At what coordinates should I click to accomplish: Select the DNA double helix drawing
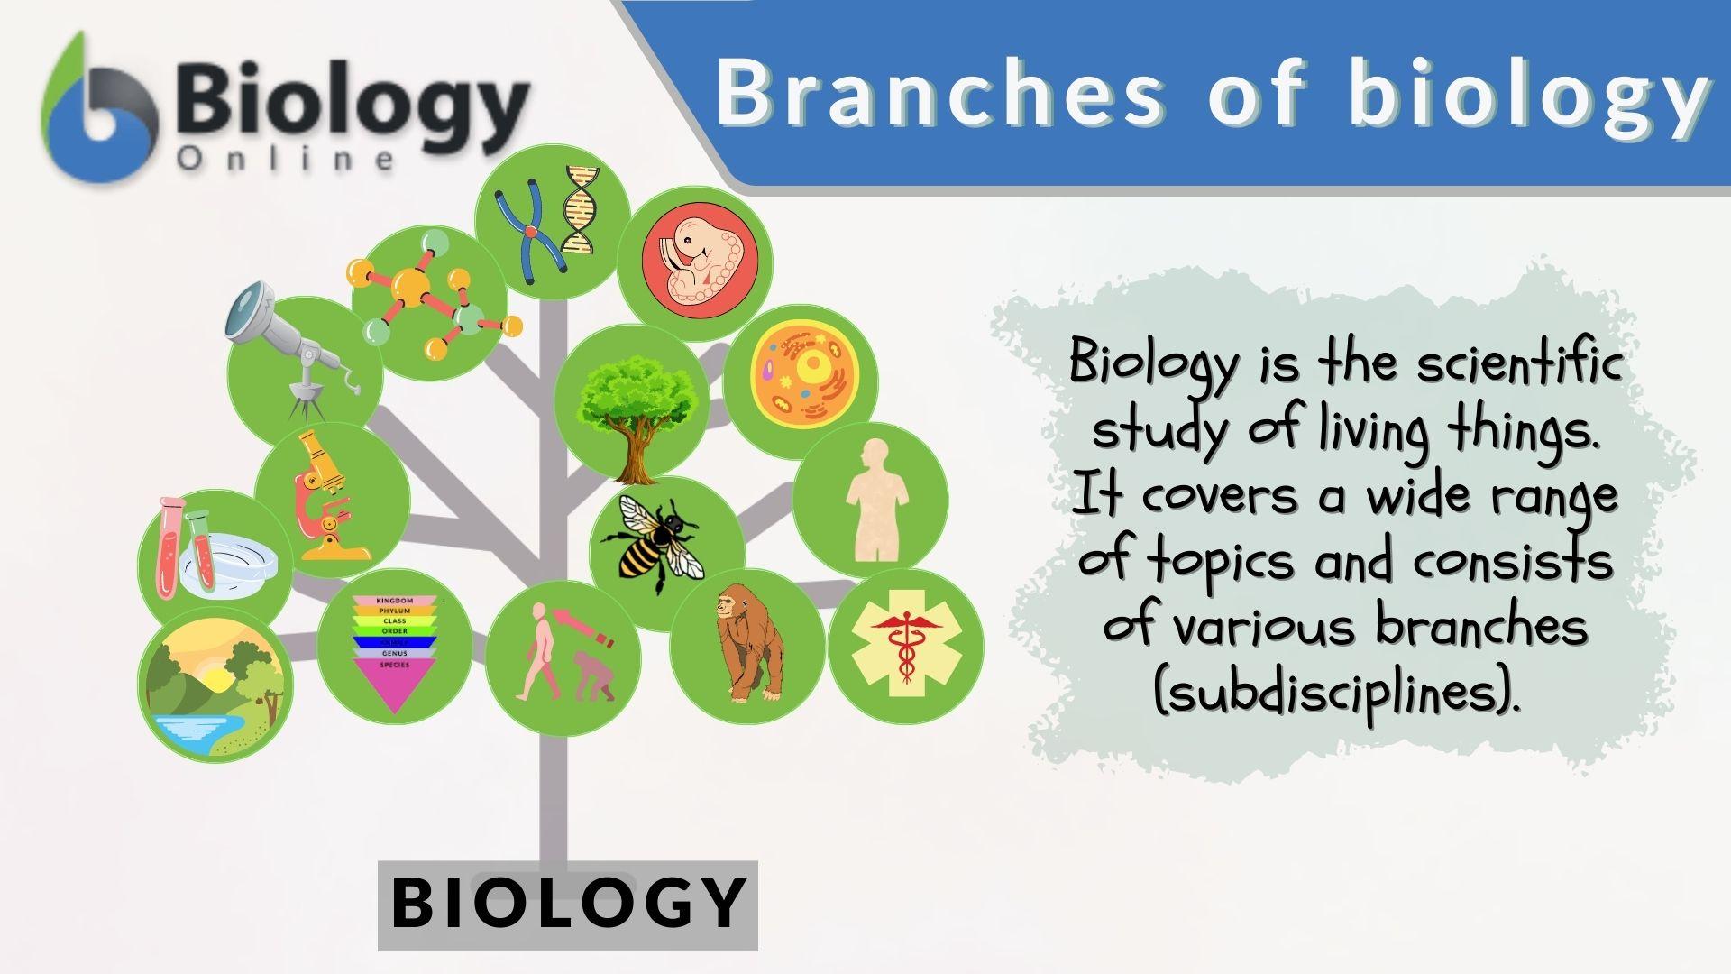click(579, 210)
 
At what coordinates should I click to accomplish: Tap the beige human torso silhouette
click(875, 501)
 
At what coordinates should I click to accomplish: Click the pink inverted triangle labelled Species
click(395, 685)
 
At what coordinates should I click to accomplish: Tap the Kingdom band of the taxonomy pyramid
click(395, 601)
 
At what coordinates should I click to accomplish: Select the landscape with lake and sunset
click(215, 685)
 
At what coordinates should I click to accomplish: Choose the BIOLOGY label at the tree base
click(568, 903)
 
